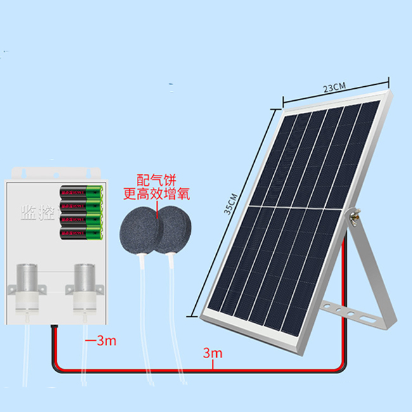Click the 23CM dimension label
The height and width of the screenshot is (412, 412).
pos(335,88)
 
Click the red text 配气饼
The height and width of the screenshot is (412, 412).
pos(156,180)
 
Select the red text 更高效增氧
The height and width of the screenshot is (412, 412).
pos(156,193)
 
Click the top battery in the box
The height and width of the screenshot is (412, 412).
pos(80,191)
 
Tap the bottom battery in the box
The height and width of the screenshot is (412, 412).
pos(80,235)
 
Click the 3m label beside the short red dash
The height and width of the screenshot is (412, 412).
pos(106,341)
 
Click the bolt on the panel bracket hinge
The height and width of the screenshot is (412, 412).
pos(354,217)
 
